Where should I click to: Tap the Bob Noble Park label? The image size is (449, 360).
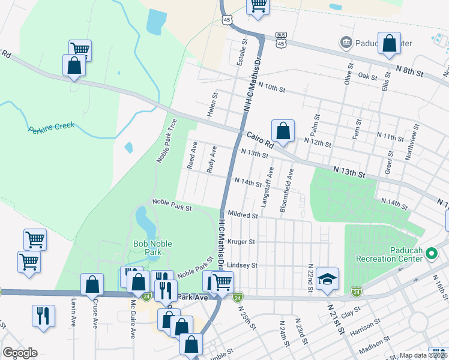point(147,248)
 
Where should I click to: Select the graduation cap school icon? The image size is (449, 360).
point(328,279)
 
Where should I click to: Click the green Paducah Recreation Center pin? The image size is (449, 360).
point(430,254)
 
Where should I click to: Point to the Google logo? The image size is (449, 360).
point(20,353)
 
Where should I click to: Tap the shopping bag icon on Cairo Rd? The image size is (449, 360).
point(283,130)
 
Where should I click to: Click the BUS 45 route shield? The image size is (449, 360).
point(281,40)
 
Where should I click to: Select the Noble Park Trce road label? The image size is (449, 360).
point(166,140)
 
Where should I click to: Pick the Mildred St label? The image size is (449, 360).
point(243,215)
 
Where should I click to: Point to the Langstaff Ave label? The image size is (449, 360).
point(268,184)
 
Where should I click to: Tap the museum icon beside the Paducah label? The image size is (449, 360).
point(346,43)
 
